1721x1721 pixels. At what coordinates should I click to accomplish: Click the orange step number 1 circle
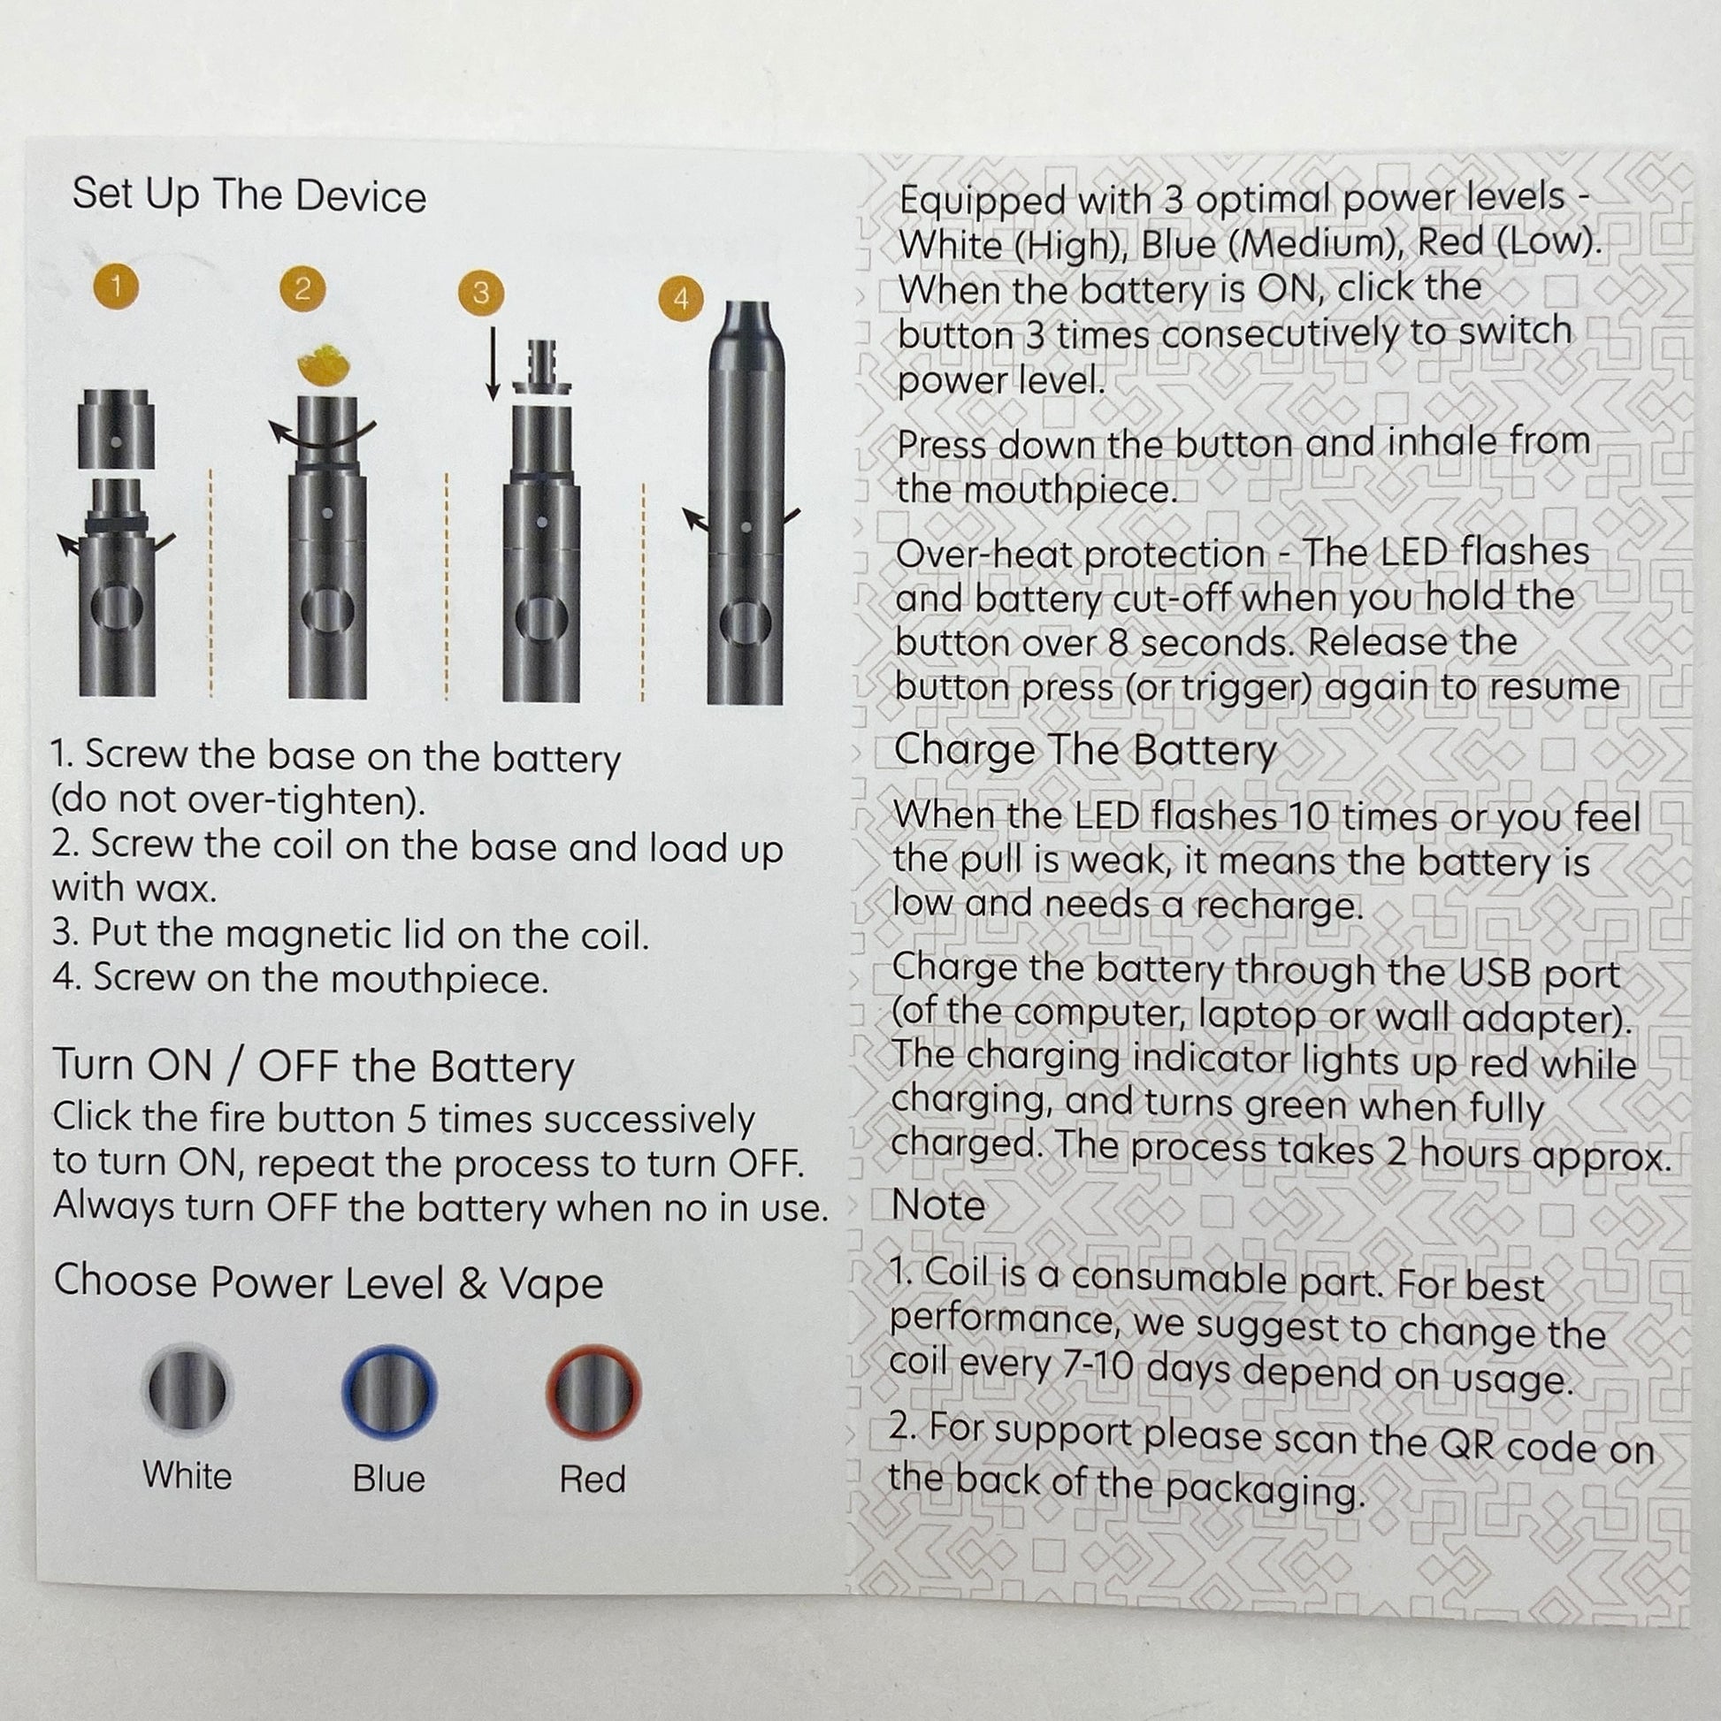point(115,286)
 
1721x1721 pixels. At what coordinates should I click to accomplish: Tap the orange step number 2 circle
point(302,288)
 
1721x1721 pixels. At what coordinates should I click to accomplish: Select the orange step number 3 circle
point(480,293)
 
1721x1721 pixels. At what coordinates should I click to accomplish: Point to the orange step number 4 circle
point(682,298)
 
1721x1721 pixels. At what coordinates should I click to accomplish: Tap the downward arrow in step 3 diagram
point(492,364)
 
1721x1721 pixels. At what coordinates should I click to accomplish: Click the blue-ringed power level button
point(389,1392)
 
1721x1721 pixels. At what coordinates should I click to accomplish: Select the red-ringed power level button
point(593,1392)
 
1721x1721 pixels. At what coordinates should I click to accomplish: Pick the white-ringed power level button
point(187,1389)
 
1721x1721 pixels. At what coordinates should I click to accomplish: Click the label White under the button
point(187,1476)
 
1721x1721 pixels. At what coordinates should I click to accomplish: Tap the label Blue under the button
point(388,1479)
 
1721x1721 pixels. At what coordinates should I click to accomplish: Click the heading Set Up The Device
point(249,195)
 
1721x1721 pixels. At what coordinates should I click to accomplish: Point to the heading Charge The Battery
point(1085,750)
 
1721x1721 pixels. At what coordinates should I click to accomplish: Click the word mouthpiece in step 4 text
point(405,980)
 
